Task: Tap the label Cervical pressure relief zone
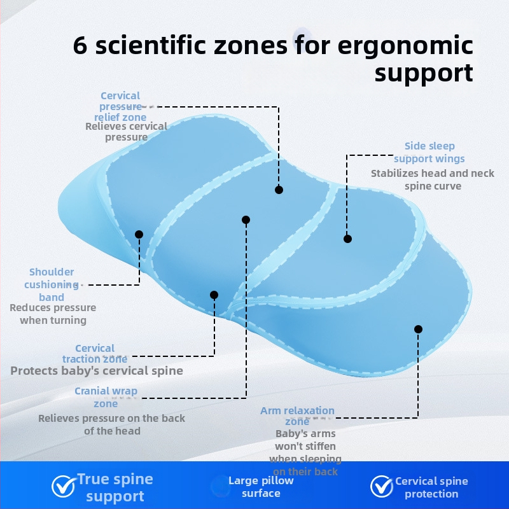click(x=120, y=106)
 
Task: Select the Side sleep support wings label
click(x=429, y=153)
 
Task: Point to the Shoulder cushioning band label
click(x=52, y=284)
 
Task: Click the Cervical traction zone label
click(x=95, y=354)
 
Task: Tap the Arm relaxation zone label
click(x=297, y=416)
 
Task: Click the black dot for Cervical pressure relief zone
click(x=279, y=190)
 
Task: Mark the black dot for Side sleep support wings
click(x=347, y=239)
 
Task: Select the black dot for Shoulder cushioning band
click(x=139, y=234)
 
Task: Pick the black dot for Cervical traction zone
click(x=214, y=295)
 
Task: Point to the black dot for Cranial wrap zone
click(x=246, y=220)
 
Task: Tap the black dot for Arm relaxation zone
click(x=418, y=329)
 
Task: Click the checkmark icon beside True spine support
click(x=62, y=487)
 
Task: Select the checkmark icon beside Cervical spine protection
click(x=381, y=487)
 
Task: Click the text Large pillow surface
click(x=261, y=487)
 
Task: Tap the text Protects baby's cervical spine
click(x=97, y=371)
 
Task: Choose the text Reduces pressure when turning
click(x=53, y=314)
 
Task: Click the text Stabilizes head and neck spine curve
click(x=433, y=179)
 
